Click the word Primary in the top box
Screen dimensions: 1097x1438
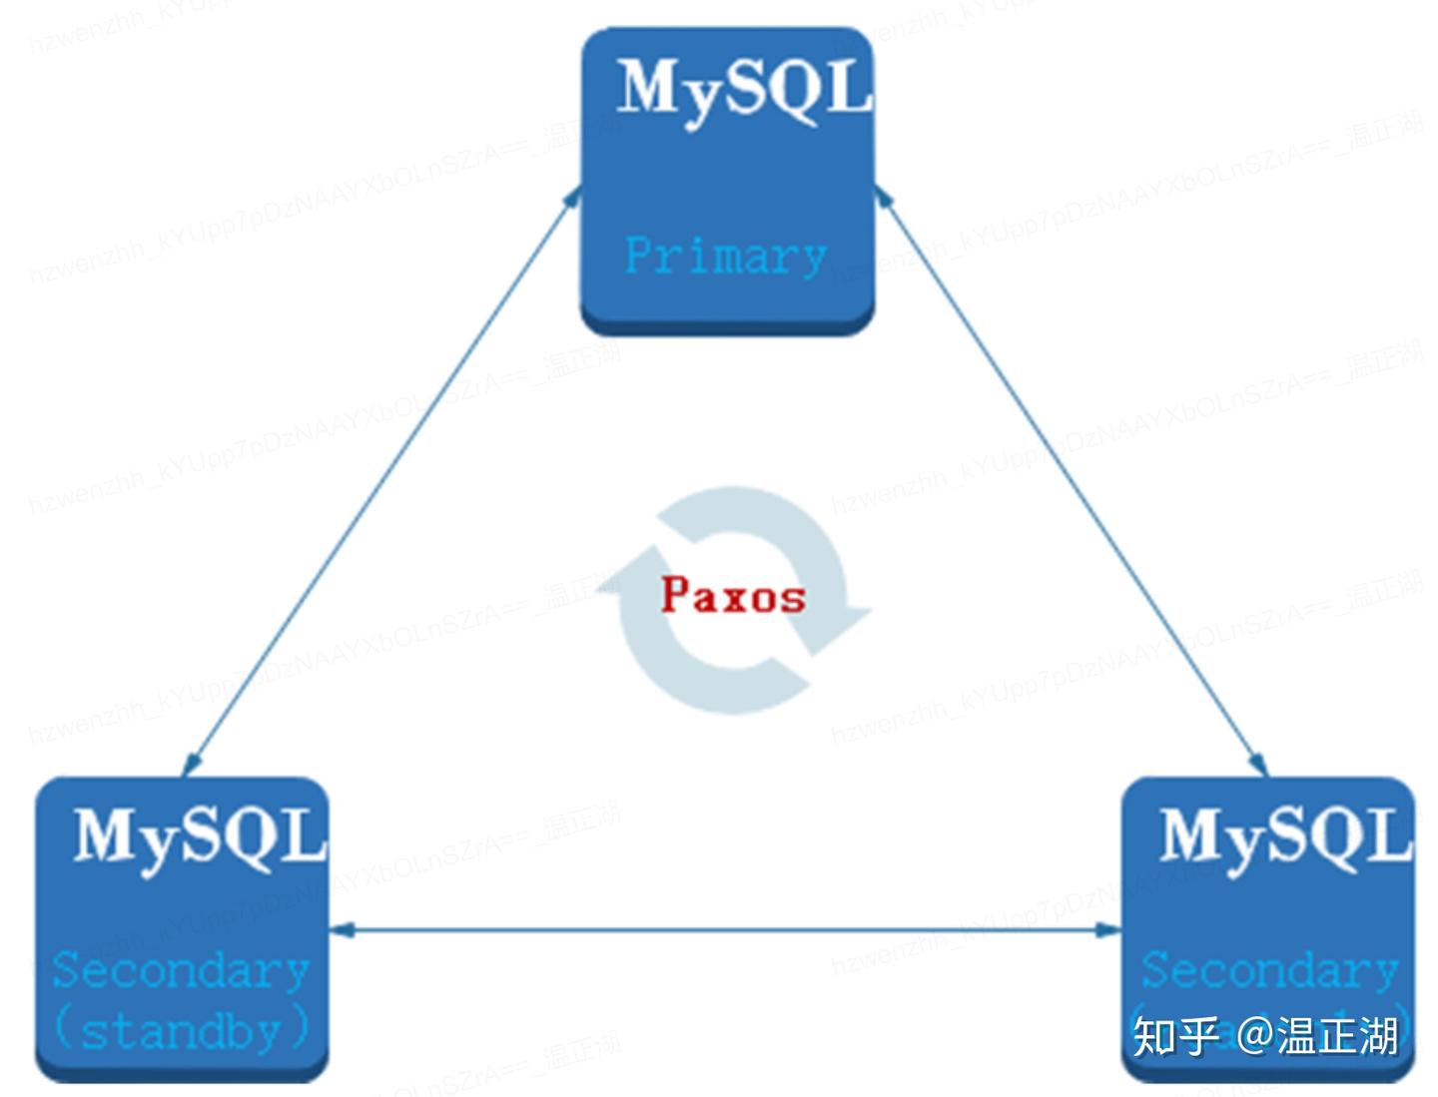pyautogui.click(x=725, y=256)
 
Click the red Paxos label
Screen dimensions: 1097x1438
pyautogui.click(x=733, y=596)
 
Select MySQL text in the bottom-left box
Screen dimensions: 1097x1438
pyautogui.click(x=200, y=836)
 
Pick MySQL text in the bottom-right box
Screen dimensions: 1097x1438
pyautogui.click(x=1285, y=836)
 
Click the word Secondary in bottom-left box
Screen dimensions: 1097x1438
pyautogui.click(x=181, y=970)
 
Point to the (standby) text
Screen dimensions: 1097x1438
pyautogui.click(x=181, y=1029)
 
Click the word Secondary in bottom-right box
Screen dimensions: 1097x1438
pyautogui.click(x=1269, y=970)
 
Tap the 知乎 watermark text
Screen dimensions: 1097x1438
pyautogui.click(x=1175, y=1036)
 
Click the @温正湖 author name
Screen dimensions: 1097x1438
pyautogui.click(x=1318, y=1036)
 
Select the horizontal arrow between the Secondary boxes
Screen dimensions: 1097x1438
pyautogui.click(x=726, y=930)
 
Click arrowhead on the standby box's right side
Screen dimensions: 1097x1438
pyautogui.click(x=342, y=930)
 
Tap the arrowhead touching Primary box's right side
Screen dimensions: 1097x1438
pyautogui.click(x=883, y=196)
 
